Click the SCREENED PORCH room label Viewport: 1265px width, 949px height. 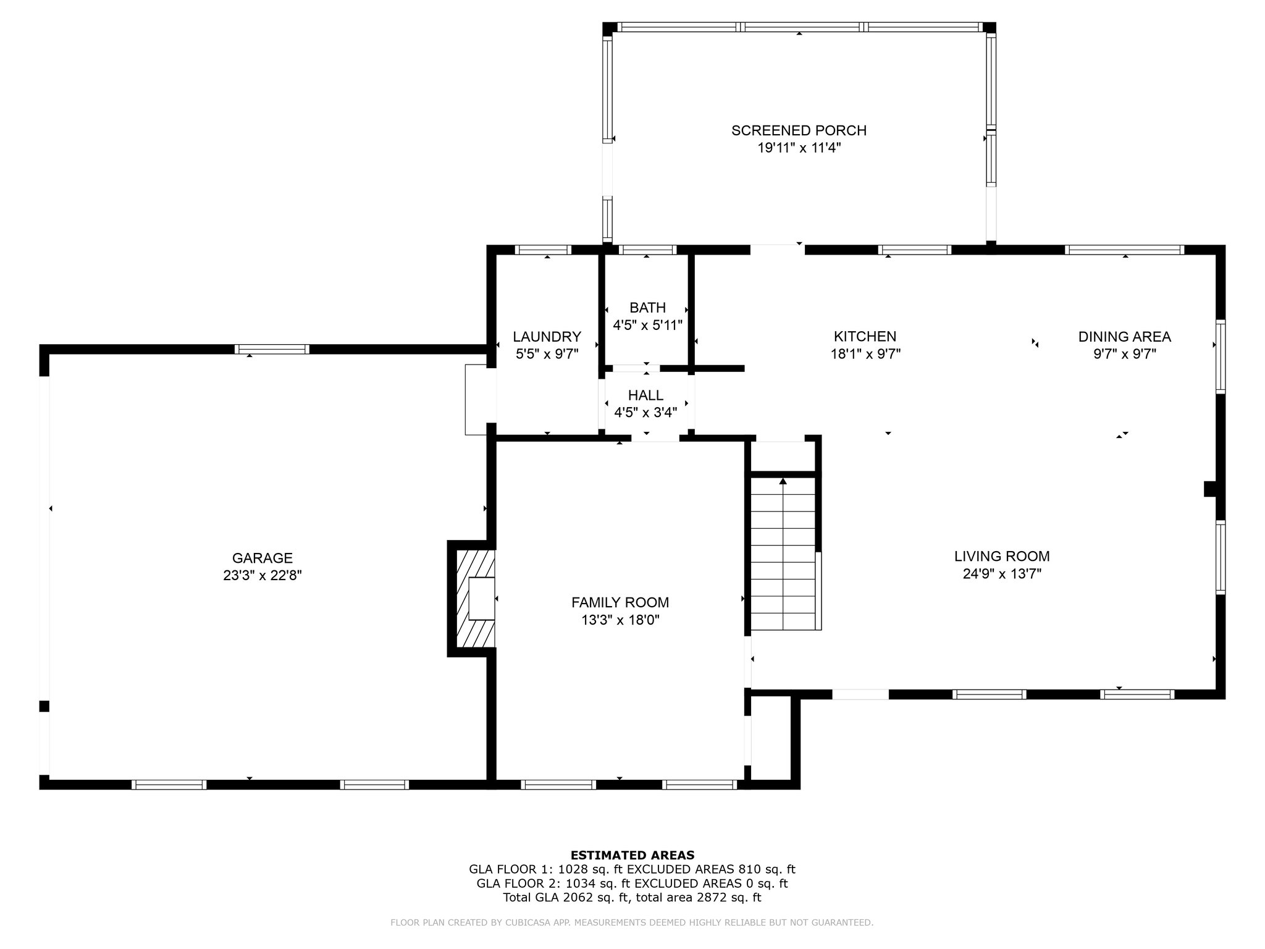[x=799, y=130]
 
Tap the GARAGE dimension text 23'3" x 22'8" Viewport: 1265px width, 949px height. [x=263, y=575]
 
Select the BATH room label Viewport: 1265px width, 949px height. [x=647, y=308]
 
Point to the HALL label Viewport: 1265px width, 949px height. [x=645, y=395]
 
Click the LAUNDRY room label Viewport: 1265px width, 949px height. [x=547, y=337]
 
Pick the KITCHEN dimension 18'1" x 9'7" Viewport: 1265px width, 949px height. [x=865, y=354]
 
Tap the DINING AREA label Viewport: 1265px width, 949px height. [x=1124, y=337]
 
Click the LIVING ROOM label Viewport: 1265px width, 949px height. [x=1002, y=556]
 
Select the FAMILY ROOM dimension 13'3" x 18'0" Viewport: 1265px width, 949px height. [x=620, y=620]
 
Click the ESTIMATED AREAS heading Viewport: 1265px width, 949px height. [x=632, y=855]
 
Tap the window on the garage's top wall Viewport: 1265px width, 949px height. [x=272, y=349]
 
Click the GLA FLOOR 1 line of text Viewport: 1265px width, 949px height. [x=632, y=869]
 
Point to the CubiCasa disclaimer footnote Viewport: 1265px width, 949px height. [x=632, y=922]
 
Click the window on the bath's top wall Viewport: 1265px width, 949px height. [x=647, y=250]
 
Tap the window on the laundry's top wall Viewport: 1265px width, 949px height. [x=543, y=250]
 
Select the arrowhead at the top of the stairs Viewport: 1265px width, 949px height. [x=783, y=481]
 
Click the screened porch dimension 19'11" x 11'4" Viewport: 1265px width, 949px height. [x=799, y=148]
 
